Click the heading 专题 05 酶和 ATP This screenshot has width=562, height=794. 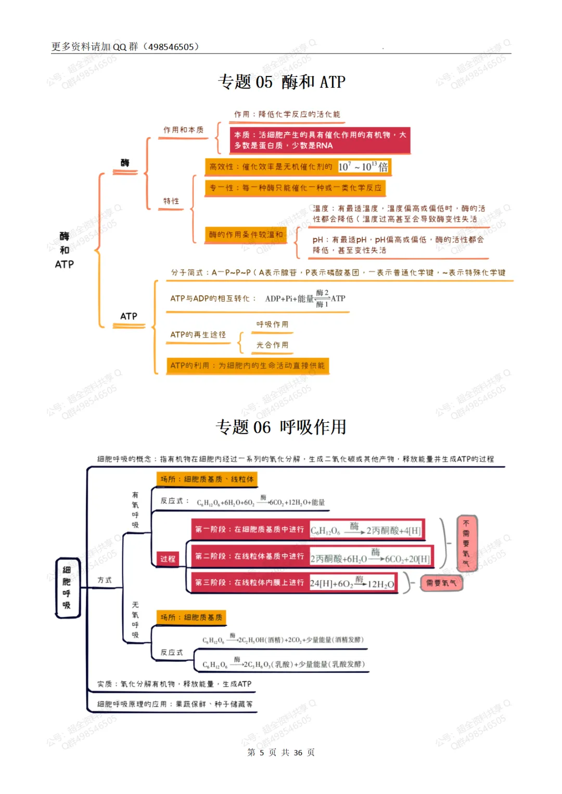pos(282,82)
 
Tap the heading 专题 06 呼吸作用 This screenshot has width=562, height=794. pos(281,427)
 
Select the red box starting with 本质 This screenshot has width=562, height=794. pos(320,140)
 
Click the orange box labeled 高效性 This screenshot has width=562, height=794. pos(298,167)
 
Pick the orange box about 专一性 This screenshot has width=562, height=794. pos(296,188)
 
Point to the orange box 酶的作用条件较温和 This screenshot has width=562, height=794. pos(246,235)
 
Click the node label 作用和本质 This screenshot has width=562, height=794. pos(183,130)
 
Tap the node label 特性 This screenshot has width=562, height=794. pos(171,201)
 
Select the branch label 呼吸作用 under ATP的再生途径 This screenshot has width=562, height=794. pos(272,324)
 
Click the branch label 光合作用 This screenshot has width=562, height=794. pos(272,345)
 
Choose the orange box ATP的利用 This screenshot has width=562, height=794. pos(247,366)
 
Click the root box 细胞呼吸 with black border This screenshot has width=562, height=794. pos(67,588)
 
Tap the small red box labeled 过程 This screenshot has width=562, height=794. pos(168,559)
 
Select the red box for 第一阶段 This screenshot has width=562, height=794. pos(308,530)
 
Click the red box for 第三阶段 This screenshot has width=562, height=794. pos(293,583)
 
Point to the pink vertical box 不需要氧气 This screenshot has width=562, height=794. pos(466,543)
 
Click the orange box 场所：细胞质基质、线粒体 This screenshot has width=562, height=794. pos(207,479)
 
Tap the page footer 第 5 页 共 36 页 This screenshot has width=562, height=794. pos(281,752)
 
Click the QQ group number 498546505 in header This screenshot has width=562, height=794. pos(171,47)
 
